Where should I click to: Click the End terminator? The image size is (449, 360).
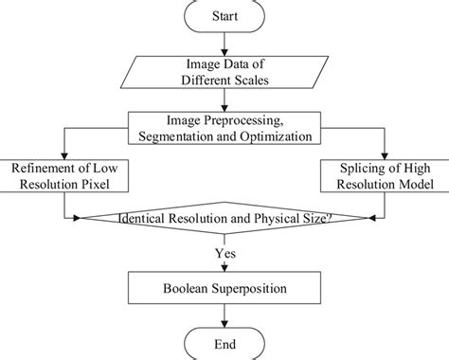(224, 343)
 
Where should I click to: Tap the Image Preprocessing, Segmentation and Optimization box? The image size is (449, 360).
(224, 127)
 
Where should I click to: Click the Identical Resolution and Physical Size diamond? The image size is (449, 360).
(224, 219)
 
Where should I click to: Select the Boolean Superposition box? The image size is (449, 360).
(224, 286)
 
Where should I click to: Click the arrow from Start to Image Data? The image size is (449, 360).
(224, 44)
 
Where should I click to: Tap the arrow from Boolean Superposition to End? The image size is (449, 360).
(224, 314)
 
